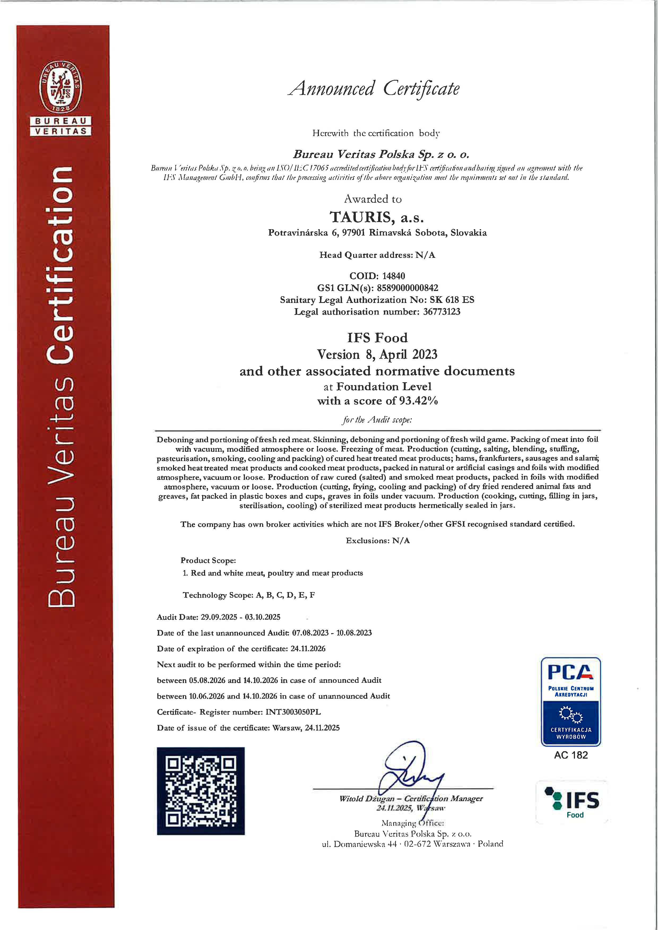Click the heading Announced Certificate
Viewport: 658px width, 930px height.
(x=374, y=89)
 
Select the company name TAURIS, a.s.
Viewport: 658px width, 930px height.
(x=377, y=218)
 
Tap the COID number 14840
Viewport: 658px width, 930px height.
(x=393, y=276)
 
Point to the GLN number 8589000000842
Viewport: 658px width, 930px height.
(x=407, y=288)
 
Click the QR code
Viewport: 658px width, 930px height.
(x=201, y=791)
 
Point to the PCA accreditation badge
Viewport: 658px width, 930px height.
(x=570, y=702)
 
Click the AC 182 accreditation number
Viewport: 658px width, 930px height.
(x=570, y=755)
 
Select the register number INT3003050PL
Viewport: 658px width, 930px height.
(x=293, y=712)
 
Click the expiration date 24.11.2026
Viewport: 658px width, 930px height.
(x=308, y=649)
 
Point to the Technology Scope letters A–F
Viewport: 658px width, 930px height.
(x=285, y=595)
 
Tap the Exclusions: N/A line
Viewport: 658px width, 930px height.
(x=378, y=540)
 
